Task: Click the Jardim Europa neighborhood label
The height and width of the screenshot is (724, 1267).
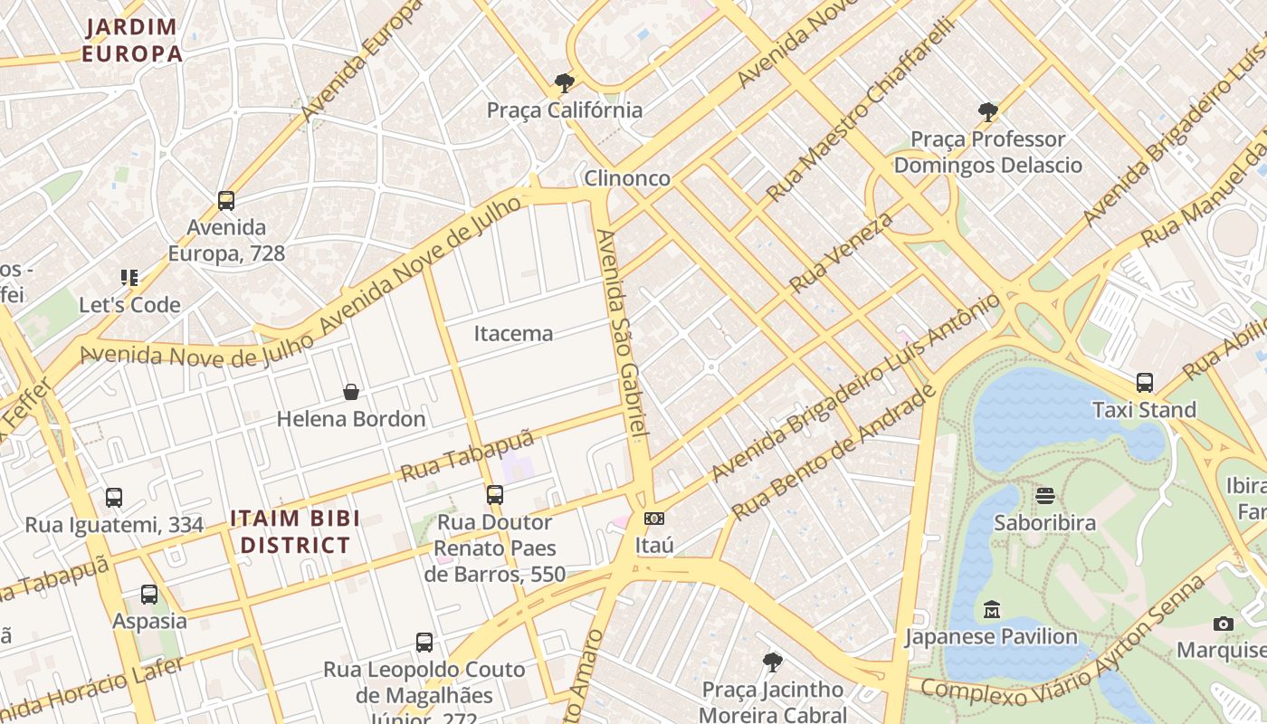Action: pyautogui.click(x=132, y=41)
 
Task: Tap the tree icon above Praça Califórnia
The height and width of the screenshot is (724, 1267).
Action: pyautogui.click(x=565, y=83)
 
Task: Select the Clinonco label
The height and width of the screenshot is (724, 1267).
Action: pyautogui.click(x=627, y=178)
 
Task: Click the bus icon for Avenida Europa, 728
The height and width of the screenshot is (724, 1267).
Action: pyautogui.click(x=226, y=201)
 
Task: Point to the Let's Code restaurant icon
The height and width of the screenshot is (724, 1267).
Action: pyautogui.click(x=129, y=278)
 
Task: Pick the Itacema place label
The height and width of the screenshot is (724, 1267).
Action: pyautogui.click(x=513, y=333)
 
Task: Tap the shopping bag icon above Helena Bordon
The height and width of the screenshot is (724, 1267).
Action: pyautogui.click(x=351, y=392)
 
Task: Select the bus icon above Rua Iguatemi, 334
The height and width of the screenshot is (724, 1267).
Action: pyautogui.click(x=114, y=498)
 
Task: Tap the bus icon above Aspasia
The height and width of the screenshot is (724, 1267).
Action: pyautogui.click(x=149, y=595)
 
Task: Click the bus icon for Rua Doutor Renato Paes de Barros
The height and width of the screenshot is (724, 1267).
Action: pyautogui.click(x=494, y=495)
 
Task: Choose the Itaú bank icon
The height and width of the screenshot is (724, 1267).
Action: pyautogui.click(x=654, y=519)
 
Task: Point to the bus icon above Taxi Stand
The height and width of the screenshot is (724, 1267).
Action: pyautogui.click(x=1145, y=383)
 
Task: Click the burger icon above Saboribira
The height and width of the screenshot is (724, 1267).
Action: pyautogui.click(x=1045, y=496)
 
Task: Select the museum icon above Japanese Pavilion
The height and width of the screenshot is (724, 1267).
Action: pyautogui.click(x=991, y=609)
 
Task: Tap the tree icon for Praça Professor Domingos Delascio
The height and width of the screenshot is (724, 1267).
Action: pyautogui.click(x=988, y=112)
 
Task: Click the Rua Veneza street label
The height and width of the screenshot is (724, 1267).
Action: pyautogui.click(x=841, y=252)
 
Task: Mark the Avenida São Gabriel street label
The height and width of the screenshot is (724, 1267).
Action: pyautogui.click(x=624, y=335)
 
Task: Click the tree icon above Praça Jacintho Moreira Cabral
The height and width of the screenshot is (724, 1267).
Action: pyautogui.click(x=772, y=662)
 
